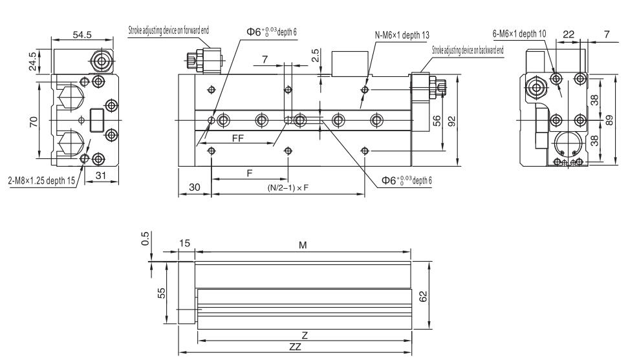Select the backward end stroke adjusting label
[x=468, y=49]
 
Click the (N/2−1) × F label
[x=288, y=187]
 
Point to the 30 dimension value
[x=194, y=186]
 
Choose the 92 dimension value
[x=450, y=121]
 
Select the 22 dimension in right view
[x=569, y=34]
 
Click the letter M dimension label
[x=303, y=246]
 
